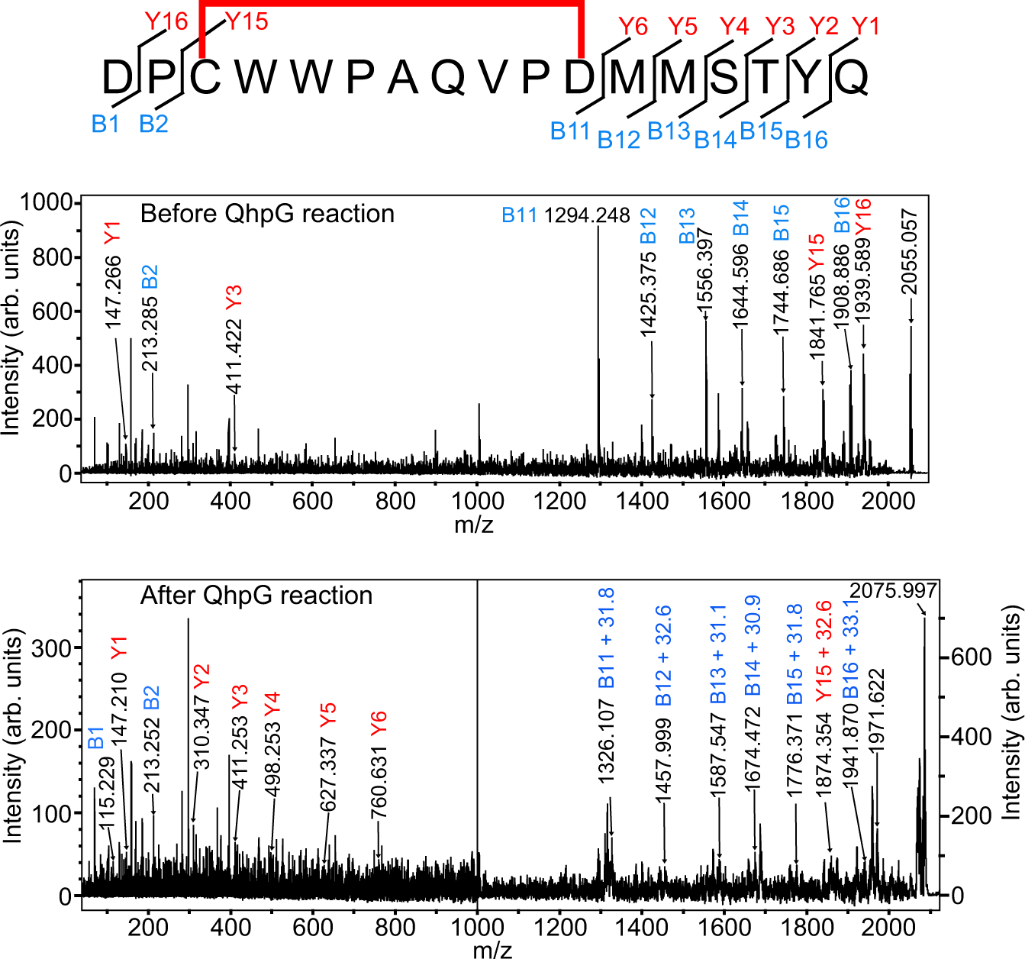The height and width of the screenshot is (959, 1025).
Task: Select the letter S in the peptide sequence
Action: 724,77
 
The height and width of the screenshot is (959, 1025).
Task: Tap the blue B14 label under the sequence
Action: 715,140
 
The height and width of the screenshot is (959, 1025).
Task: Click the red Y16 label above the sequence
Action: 166,21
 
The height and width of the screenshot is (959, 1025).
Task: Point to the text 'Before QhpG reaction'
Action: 267,214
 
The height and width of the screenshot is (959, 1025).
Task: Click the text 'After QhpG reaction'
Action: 256,596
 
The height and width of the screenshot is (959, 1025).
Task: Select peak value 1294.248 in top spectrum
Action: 587,216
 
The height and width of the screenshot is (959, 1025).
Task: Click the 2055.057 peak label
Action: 909,252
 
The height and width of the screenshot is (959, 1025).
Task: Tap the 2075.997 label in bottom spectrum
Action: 893,591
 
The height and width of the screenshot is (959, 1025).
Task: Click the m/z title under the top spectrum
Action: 474,525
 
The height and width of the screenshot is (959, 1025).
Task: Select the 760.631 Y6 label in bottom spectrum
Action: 379,764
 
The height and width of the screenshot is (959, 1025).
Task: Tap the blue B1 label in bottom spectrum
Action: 95,738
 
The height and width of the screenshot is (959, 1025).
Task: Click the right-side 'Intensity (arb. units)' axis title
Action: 1010,712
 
